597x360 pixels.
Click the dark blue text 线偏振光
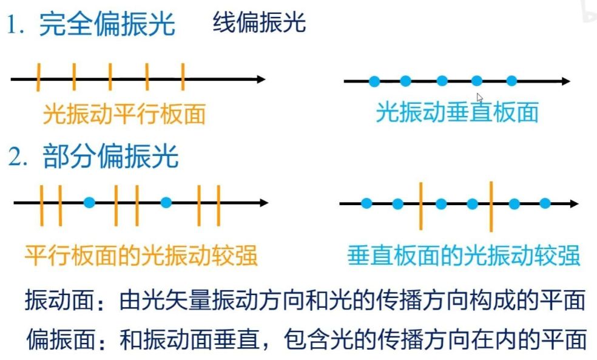(259, 23)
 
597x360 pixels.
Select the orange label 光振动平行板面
(124, 114)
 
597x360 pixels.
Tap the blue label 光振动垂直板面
(457, 113)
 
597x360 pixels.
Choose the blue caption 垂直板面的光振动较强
(464, 255)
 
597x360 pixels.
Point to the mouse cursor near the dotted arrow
(480, 98)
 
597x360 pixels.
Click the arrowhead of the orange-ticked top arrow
(260, 79)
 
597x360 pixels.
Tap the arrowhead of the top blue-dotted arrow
(565, 81)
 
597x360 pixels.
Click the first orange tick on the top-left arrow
(38, 76)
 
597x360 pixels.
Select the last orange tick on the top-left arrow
(183, 76)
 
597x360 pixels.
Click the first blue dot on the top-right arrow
(374, 81)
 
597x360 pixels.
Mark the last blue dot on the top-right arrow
(511, 81)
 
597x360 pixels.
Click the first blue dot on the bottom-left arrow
(89, 203)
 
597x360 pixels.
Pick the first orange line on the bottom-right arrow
(420, 205)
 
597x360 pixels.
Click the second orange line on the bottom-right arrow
(490, 205)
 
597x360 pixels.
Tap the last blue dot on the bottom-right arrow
(545, 203)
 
